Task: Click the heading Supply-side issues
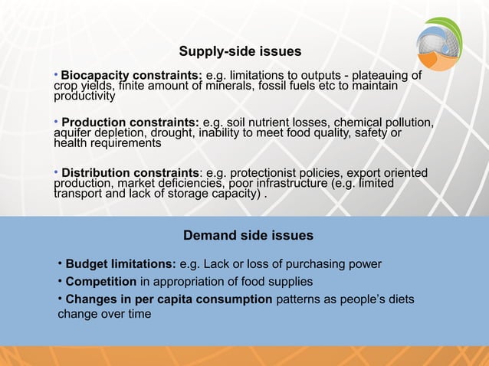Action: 240,52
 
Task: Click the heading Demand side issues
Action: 248,234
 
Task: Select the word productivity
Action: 84,97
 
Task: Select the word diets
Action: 397,299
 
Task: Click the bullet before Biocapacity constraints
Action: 56,75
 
